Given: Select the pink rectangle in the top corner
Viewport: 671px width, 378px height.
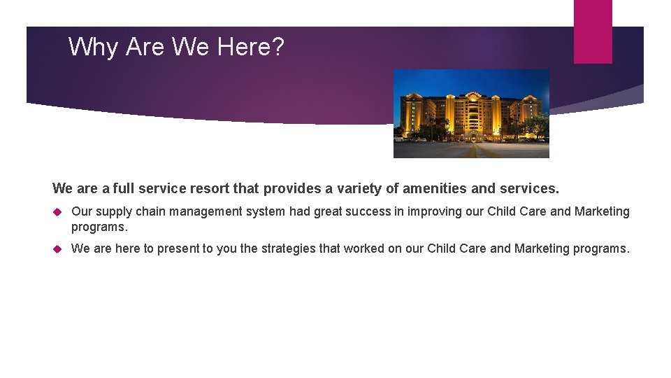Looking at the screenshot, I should (593, 31).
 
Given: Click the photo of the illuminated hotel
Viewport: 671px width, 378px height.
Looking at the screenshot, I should (471, 113).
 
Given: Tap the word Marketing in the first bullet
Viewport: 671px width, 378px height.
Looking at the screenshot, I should (602, 211).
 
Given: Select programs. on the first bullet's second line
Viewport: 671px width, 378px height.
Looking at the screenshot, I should (99, 227).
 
